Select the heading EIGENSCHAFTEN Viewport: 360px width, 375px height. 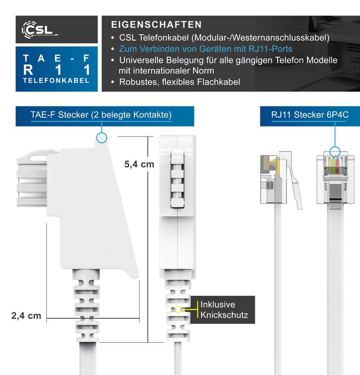(156, 24)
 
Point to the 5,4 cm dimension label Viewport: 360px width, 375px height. (139, 164)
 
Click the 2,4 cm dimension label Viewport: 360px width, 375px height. (26, 316)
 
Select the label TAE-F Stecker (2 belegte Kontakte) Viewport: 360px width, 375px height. (105, 115)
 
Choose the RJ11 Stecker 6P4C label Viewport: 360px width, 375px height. (309, 115)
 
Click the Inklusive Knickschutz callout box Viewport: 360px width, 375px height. (224, 310)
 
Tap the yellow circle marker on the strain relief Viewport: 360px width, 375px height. (178, 309)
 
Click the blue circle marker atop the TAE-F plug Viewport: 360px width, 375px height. (102, 137)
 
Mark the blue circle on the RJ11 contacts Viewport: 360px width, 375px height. (334, 152)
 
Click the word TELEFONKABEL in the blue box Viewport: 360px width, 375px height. (56, 81)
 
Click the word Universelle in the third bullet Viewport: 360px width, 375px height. (141, 60)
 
